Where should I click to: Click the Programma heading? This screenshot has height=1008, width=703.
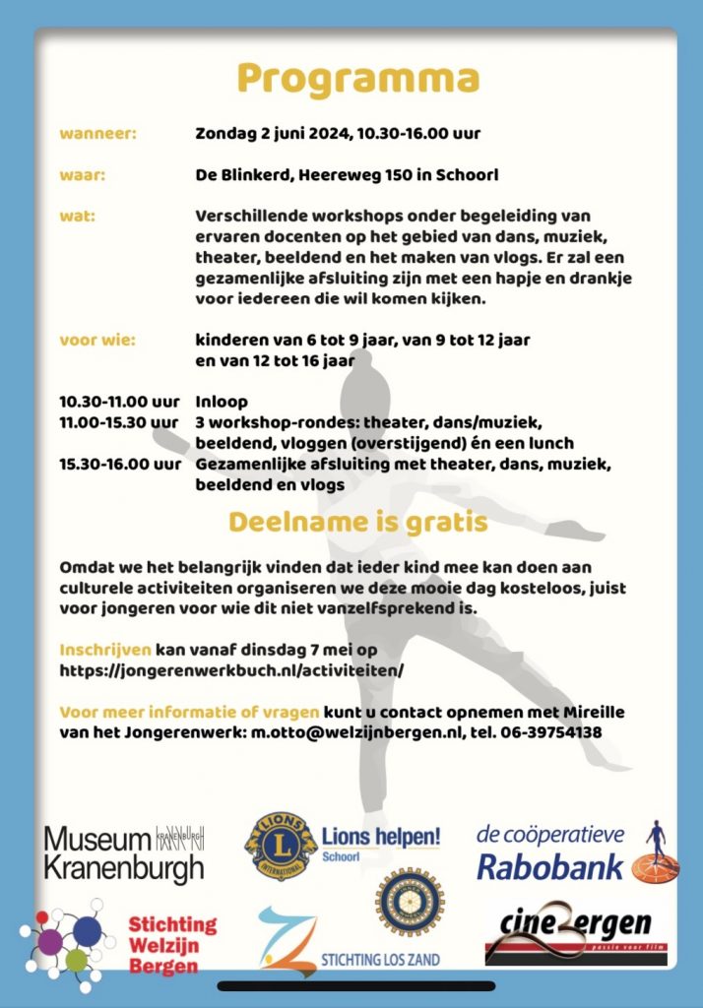(358, 80)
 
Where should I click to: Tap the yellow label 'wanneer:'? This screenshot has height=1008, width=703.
(97, 133)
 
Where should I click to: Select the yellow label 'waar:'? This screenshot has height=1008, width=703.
(82, 175)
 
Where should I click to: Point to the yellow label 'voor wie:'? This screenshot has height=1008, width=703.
(96, 341)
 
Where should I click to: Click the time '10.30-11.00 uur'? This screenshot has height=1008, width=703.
(119, 402)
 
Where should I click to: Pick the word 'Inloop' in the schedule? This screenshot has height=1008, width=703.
(222, 402)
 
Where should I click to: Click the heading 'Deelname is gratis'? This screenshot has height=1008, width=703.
(358, 522)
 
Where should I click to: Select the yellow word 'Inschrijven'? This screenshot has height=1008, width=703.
(105, 651)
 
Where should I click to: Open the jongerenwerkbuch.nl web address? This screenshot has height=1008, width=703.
(231, 670)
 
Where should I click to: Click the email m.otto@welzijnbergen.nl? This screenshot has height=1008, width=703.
(348, 733)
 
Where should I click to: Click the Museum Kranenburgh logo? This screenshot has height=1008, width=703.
(124, 852)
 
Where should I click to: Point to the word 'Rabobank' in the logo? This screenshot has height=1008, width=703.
(550, 865)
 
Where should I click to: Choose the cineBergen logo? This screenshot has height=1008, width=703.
(569, 930)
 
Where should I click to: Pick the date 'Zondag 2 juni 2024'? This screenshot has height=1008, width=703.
(279, 133)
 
